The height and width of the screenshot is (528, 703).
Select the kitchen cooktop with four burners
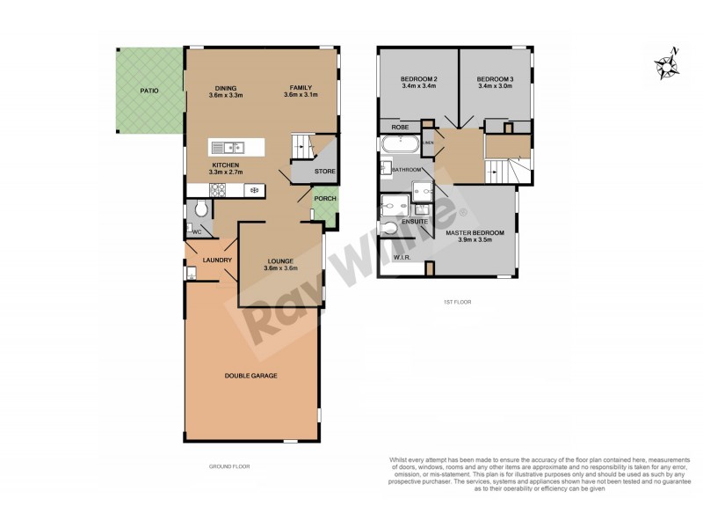[x=215, y=189]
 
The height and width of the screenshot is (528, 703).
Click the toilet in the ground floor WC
[x=201, y=209]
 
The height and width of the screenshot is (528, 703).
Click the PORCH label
[x=325, y=198]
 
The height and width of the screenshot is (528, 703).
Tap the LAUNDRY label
[x=216, y=260]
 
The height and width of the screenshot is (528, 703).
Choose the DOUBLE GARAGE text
[x=251, y=376]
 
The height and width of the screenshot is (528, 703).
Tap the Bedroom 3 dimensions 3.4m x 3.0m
[x=496, y=87]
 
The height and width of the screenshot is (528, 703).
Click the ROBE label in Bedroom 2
[x=401, y=127]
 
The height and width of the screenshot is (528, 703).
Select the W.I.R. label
[x=404, y=258]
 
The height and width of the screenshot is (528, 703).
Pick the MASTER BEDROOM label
[x=475, y=232]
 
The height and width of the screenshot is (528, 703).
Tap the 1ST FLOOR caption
[x=457, y=302]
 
